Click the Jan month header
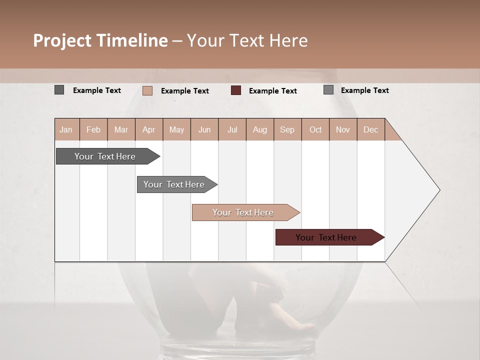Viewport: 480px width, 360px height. pyautogui.click(x=66, y=129)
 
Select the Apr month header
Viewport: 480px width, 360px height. pyautogui.click(x=149, y=129)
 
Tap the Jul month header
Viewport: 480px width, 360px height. pyautogui.click(x=232, y=129)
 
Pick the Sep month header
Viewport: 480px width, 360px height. pyautogui.click(x=287, y=129)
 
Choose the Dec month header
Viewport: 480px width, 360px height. pyautogui.click(x=370, y=129)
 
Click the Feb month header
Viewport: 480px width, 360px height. pyautogui.click(x=93, y=129)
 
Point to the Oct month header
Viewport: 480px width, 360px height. pyautogui.click(x=315, y=129)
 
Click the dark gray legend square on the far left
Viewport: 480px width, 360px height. pyautogui.click(x=59, y=90)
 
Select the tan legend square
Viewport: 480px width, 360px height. pyautogui.click(x=147, y=90)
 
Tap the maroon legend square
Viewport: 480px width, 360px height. pyautogui.click(x=236, y=90)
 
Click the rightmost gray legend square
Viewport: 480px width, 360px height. pyautogui.click(x=328, y=90)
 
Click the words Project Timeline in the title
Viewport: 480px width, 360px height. pyautogui.click(x=100, y=40)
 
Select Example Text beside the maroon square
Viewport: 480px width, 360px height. pyautogui.click(x=272, y=90)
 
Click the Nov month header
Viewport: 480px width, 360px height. pyautogui.click(x=343, y=129)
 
